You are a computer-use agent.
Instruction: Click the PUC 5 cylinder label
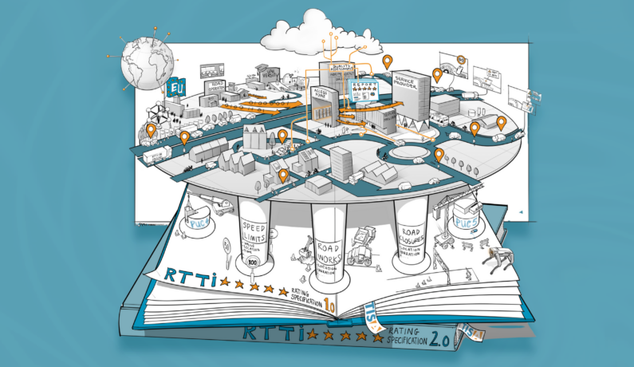(x=466, y=223)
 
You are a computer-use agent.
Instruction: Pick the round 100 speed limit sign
(x=253, y=261)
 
